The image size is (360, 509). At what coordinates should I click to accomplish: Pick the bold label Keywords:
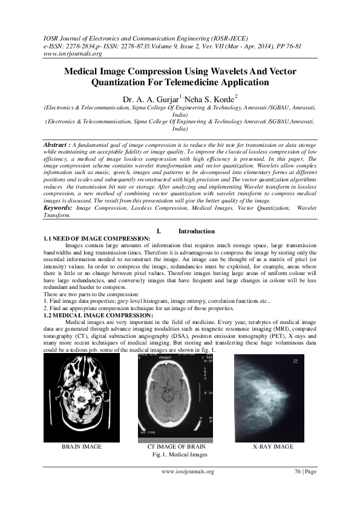click(59, 207)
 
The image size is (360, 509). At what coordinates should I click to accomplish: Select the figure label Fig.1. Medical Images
click(180, 454)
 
